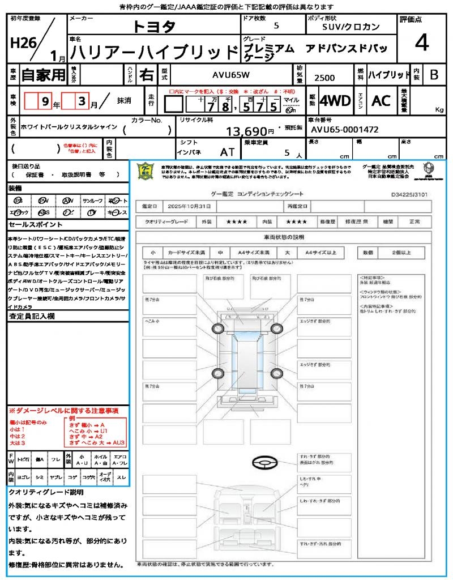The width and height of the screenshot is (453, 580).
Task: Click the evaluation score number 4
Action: (421, 42)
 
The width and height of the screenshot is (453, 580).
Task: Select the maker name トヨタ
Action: (154, 27)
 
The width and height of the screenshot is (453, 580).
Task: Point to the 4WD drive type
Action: (335, 101)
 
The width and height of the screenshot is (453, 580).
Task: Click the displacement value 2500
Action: (324, 78)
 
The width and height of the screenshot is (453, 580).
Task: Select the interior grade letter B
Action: (434, 74)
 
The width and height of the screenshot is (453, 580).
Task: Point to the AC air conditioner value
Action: (381, 101)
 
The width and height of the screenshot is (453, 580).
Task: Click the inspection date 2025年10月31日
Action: (191, 206)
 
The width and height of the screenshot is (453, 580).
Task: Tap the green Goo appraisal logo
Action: (146, 172)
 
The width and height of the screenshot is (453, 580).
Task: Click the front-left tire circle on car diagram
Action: (219, 329)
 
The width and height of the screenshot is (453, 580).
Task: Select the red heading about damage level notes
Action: (63, 411)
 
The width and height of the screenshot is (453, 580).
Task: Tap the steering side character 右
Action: (146, 74)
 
